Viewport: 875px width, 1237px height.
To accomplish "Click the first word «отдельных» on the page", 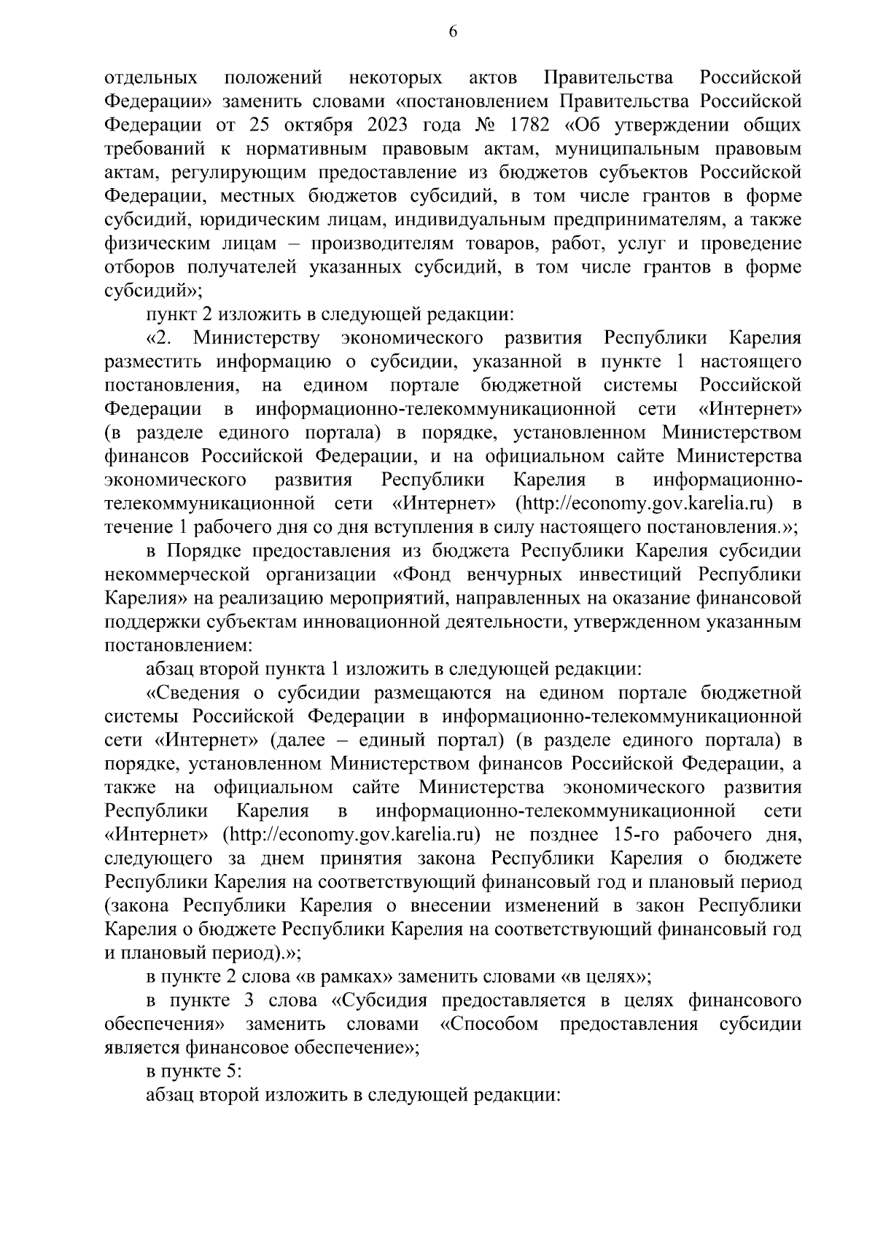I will pyautogui.click(x=152, y=77).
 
